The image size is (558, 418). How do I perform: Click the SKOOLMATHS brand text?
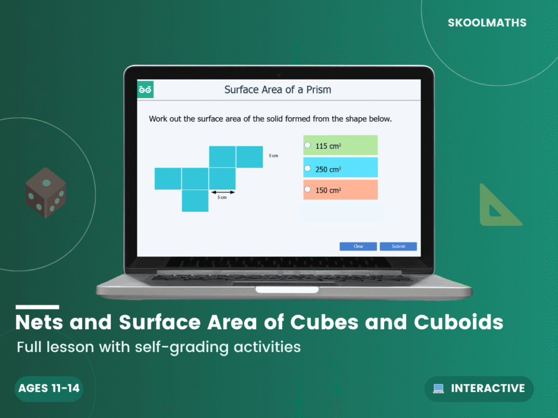pyautogui.click(x=487, y=23)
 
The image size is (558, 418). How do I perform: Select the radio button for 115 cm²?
pyautogui.click(x=308, y=145)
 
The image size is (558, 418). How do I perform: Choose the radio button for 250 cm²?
pyautogui.click(x=308, y=168)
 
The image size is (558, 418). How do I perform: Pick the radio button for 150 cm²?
pyautogui.click(x=308, y=189)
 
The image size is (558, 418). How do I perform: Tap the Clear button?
pyautogui.click(x=358, y=247)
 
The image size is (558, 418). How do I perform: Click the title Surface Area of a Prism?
pyautogui.click(x=277, y=90)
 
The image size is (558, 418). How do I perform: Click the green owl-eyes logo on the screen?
pyautogui.click(x=145, y=90)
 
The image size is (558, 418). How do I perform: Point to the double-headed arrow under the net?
pyautogui.click(x=223, y=192)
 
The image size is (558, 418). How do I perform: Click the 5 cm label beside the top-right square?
pyautogui.click(x=274, y=156)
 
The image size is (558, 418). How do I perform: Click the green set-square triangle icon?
pyautogui.click(x=498, y=206)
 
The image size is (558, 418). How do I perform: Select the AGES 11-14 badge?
pyautogui.click(x=49, y=389)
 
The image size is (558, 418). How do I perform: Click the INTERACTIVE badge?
pyautogui.click(x=479, y=389)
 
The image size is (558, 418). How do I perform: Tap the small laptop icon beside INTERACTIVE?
pyautogui.click(x=438, y=389)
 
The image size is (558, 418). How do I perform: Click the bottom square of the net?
pyautogui.click(x=195, y=200)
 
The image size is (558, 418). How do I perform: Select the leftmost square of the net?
pyautogui.click(x=168, y=179)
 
